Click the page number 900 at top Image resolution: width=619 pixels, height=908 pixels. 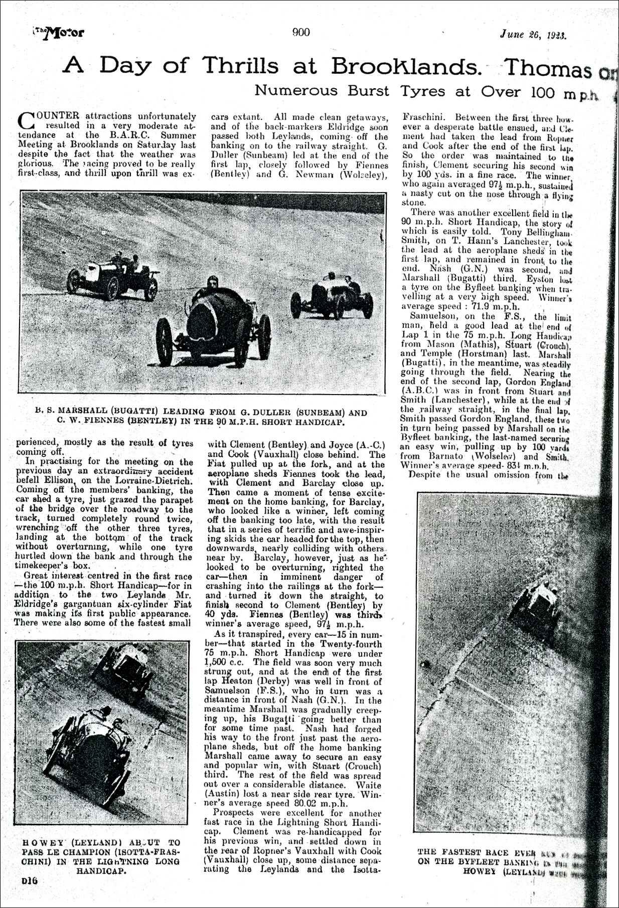tap(301, 33)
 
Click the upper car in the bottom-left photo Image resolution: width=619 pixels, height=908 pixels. tap(124, 672)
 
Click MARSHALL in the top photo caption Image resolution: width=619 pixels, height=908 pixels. tap(80, 413)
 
